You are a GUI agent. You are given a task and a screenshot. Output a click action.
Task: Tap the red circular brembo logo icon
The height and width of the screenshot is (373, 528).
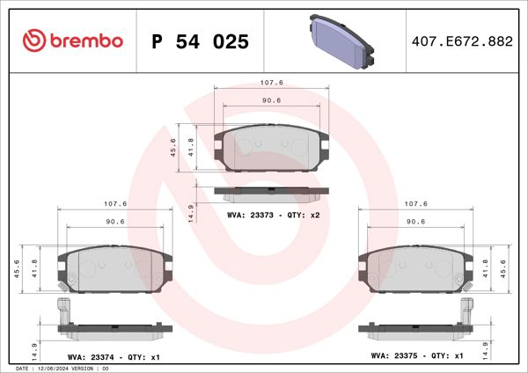click(x=33, y=41)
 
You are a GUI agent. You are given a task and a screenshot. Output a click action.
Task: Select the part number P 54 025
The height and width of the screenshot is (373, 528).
click(x=200, y=41)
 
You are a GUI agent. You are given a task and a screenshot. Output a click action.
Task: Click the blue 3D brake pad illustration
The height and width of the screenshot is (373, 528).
click(x=344, y=40)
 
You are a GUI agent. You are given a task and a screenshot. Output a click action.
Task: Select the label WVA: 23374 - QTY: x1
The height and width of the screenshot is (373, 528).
click(x=112, y=357)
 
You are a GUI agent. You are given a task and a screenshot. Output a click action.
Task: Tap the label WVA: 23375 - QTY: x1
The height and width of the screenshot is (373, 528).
click(x=417, y=357)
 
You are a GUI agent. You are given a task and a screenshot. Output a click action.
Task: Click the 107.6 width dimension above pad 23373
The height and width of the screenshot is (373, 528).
click(x=270, y=83)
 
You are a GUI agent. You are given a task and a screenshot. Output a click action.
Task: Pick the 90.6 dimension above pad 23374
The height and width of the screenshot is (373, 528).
click(x=114, y=222)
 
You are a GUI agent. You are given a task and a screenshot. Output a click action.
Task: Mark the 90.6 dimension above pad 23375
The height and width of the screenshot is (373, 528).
click(x=417, y=222)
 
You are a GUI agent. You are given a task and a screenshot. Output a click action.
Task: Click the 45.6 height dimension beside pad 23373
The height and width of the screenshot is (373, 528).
click(x=173, y=147)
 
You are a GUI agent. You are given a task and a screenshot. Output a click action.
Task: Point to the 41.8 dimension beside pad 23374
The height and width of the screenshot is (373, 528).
click(x=35, y=267)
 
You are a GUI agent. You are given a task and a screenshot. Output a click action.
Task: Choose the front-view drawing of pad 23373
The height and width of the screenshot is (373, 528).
click(x=271, y=147)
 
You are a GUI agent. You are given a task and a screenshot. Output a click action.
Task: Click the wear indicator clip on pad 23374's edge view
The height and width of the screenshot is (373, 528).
click(x=62, y=311)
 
